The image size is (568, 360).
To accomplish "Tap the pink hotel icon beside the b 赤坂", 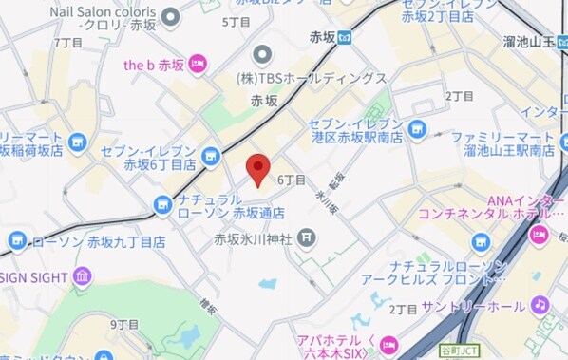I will [x=198, y=64].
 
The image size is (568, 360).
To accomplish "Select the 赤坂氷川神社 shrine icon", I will [x=307, y=237].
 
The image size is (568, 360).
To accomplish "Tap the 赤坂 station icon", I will [x=346, y=38].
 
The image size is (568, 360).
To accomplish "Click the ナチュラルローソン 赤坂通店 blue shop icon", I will [x=163, y=202].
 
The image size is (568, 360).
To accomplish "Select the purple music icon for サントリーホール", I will [x=540, y=305].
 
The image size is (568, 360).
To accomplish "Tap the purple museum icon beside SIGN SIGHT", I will [x=81, y=276].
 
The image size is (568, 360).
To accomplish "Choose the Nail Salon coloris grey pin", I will [x=170, y=15].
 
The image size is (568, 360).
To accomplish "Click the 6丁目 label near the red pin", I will [x=292, y=179].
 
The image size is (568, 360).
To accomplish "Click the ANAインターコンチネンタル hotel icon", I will [x=540, y=232].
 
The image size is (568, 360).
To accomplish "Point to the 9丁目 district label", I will [x=123, y=325].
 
